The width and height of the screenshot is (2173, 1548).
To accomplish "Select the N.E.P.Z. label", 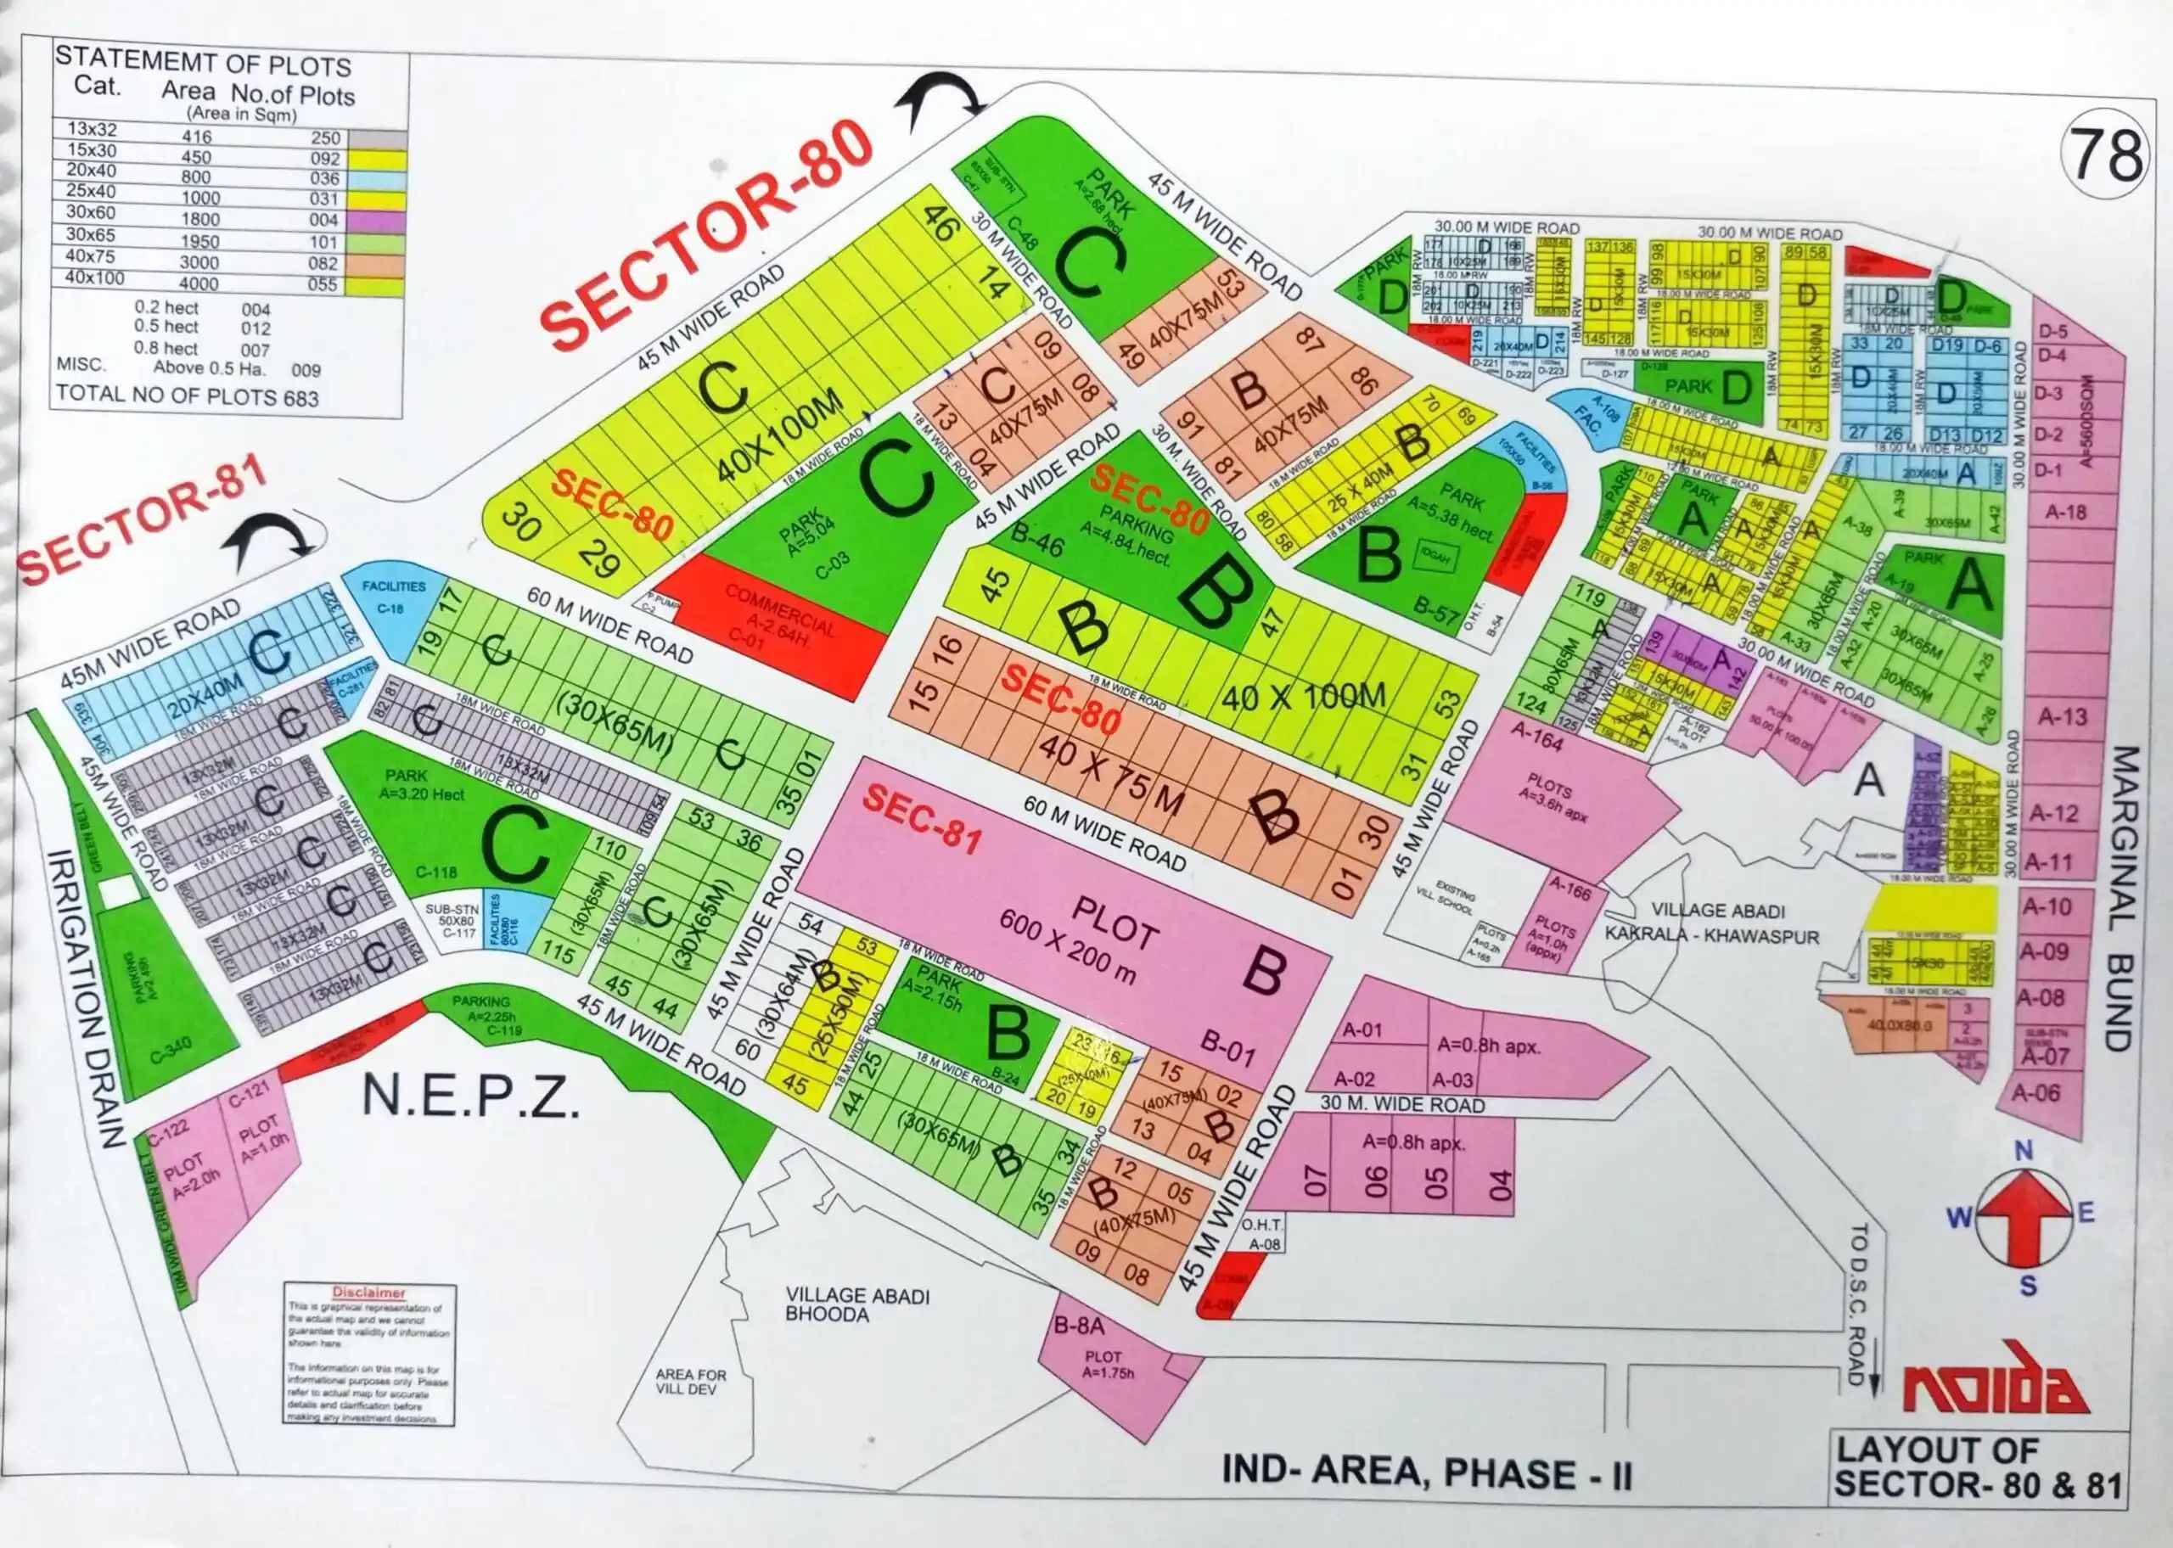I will pyautogui.click(x=471, y=1097).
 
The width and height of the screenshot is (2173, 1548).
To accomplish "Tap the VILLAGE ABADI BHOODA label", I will pyautogui.click(x=856, y=1304).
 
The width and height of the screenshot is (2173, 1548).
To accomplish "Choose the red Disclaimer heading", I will pyautogui.click(x=370, y=1293).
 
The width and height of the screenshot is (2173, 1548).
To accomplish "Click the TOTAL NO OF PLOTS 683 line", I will pyautogui.click(x=187, y=395).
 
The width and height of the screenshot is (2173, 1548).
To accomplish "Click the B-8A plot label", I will pyautogui.click(x=1079, y=1326).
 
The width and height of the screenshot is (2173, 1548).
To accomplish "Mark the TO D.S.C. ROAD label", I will pyautogui.click(x=1858, y=1305).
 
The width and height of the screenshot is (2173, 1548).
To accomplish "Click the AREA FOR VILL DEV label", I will pyautogui.click(x=690, y=1381).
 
